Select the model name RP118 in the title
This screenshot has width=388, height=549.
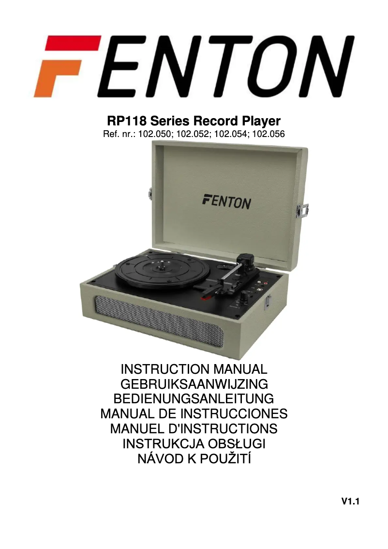[x=127, y=121]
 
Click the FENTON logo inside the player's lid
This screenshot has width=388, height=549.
[x=226, y=200]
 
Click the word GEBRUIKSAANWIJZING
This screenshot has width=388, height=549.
[x=194, y=384]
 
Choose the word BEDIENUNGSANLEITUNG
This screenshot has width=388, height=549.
[x=194, y=399]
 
